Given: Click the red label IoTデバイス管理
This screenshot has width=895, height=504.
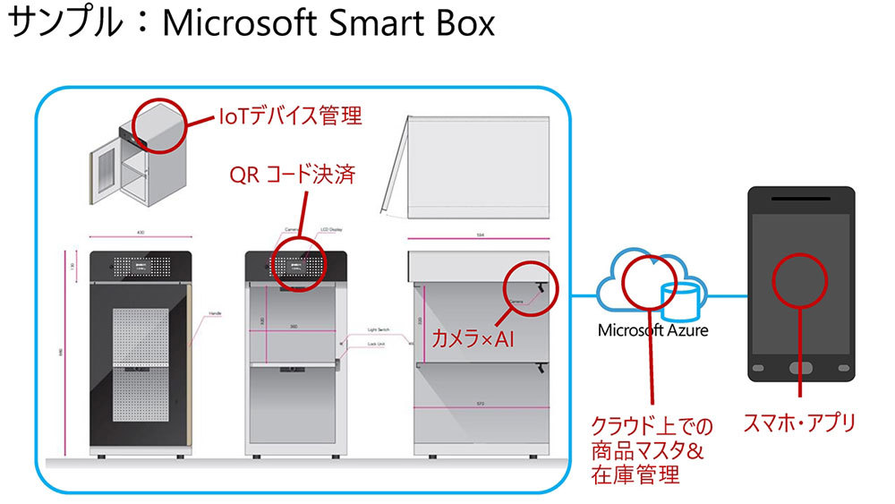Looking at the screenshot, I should coord(291,116).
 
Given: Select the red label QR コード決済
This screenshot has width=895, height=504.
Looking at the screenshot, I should coord(292,174).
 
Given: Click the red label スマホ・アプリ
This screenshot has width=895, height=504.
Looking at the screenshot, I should coord(799,423).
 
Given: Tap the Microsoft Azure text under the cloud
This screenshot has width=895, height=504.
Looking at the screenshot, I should coord(652,330).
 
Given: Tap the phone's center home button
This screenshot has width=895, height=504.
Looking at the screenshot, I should coord(799,368).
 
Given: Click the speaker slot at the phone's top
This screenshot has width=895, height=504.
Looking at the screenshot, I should coord(799,196).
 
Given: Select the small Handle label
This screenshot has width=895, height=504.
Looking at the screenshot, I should coord(215,313).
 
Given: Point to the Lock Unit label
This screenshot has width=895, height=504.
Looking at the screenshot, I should coord(377,343).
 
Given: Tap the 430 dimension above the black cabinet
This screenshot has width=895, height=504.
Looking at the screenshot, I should coord(141,231).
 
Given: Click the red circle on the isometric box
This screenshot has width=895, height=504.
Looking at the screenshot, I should coord(160,123).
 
